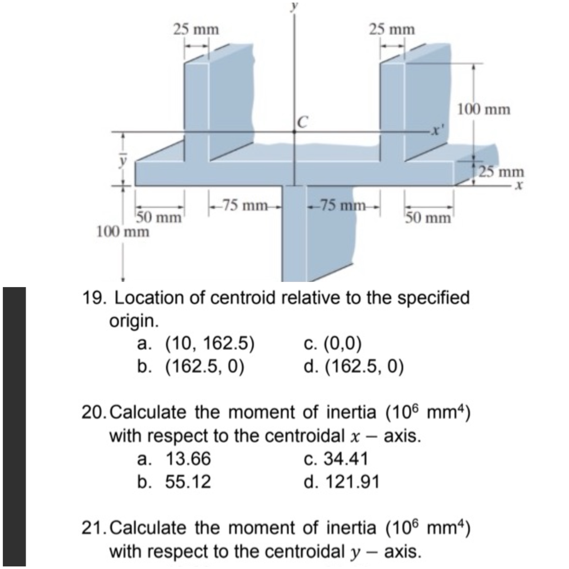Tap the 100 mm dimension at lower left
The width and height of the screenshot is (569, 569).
point(123,232)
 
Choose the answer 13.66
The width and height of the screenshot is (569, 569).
point(188,459)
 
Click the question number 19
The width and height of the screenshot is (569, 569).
point(92,298)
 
